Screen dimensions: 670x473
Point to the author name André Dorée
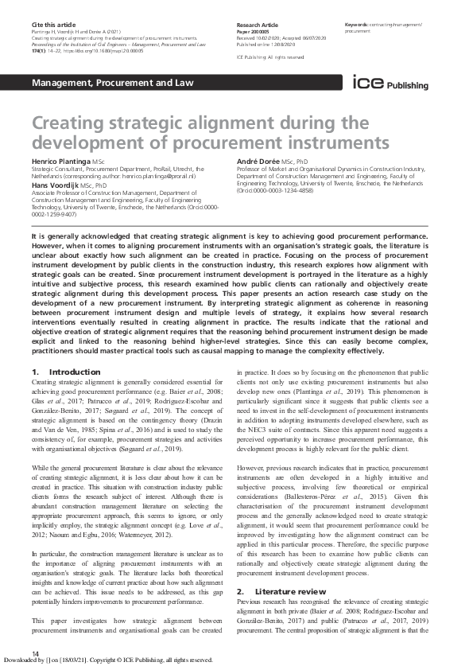click(x=260, y=162)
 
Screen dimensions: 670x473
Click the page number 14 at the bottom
click(x=35, y=653)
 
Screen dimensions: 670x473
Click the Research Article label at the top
click(x=257, y=25)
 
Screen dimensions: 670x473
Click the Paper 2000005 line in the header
click(x=256, y=31)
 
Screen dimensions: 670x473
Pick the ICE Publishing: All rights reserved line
click(x=271, y=58)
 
